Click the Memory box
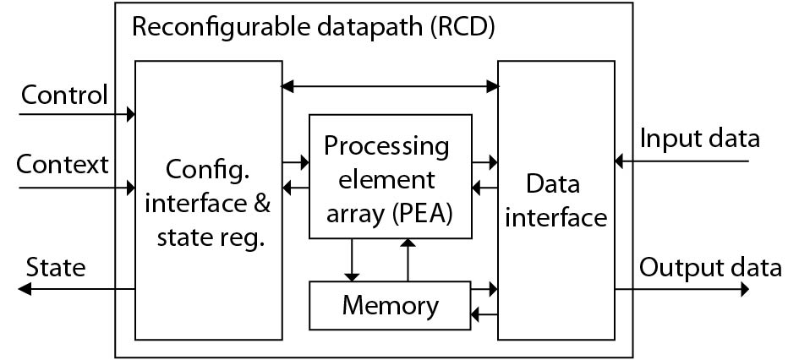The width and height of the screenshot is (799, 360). [x=390, y=305]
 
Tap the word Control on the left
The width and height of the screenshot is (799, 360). [x=64, y=95]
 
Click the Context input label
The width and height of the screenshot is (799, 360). [x=63, y=164]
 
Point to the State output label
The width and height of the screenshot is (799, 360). [x=56, y=268]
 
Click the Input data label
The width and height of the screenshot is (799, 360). [x=700, y=138]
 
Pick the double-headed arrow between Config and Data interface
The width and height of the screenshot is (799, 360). [x=390, y=85]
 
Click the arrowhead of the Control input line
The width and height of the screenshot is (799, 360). [x=130, y=112]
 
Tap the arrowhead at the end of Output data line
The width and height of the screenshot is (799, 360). [x=744, y=289]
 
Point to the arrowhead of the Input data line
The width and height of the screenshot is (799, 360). [x=620, y=160]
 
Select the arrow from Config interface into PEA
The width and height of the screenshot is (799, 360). [x=295, y=160]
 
